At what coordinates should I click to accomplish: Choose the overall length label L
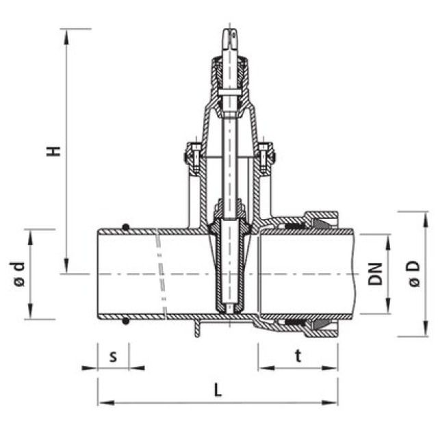click(218, 391)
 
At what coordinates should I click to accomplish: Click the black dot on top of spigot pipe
click(125, 227)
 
